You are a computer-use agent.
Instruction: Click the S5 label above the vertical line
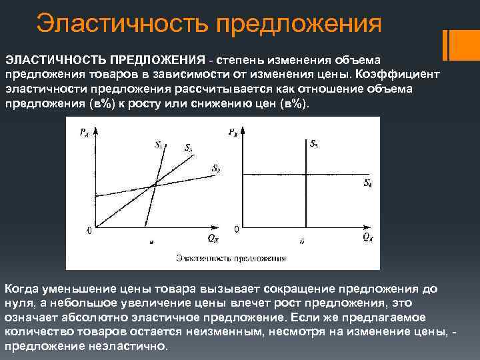point(314,143)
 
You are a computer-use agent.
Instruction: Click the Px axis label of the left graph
point(83,133)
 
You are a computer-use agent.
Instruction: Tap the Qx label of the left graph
point(213,237)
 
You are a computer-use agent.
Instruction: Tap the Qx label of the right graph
point(367,237)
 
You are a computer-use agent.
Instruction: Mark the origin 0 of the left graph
point(89,231)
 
